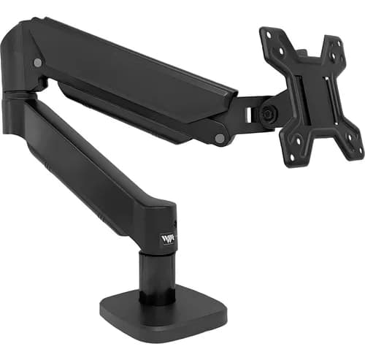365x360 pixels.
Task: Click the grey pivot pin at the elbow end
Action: [37, 63]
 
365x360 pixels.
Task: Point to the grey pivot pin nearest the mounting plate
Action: [220, 137]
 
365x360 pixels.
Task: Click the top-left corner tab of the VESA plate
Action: [271, 37]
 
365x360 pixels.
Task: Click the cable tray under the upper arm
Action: [131, 110]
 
